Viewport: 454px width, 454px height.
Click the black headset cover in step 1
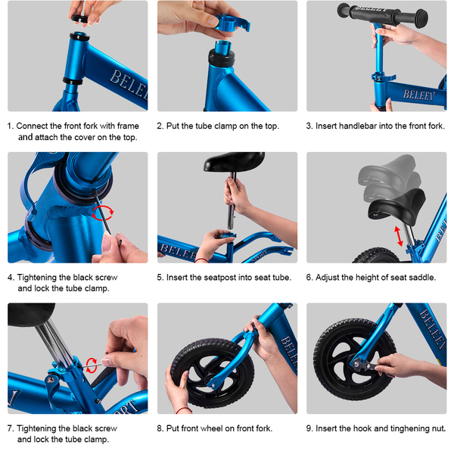80,19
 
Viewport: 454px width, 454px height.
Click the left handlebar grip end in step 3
344,10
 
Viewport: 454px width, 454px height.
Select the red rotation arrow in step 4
102,213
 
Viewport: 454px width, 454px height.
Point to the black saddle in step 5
234,162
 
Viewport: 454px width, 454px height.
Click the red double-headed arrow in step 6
399,236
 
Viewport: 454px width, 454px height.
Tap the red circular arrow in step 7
92,365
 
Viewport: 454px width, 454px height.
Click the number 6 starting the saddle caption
309,278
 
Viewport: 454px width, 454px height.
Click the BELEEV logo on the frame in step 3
419,95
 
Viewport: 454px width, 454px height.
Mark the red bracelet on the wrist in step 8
184,409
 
